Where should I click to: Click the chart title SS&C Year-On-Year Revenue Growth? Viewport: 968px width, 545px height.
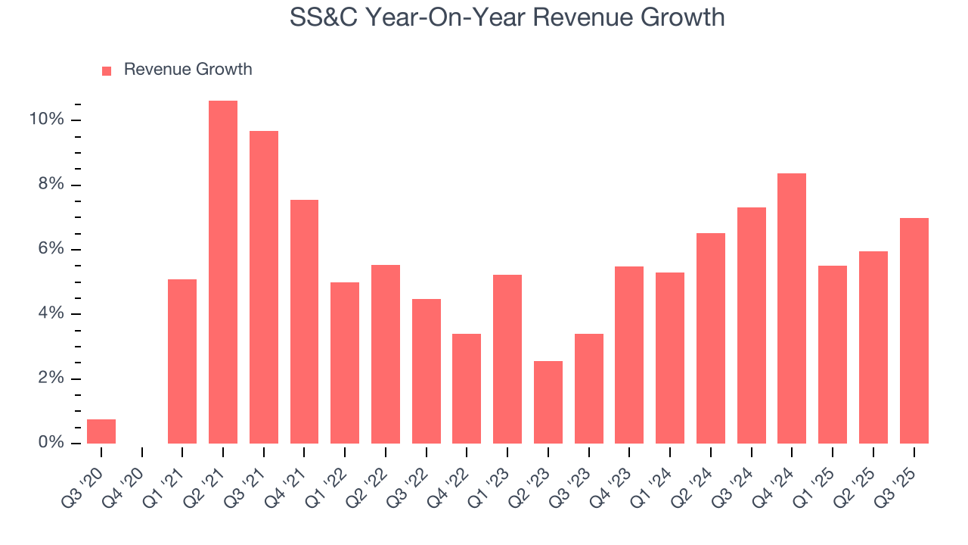(x=507, y=17)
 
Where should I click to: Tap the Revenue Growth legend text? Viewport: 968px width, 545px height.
(x=188, y=70)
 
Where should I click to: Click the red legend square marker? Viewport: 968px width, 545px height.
(x=107, y=70)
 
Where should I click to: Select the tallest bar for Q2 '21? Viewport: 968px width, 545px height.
(x=223, y=272)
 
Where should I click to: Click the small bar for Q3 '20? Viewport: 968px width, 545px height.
(x=101, y=431)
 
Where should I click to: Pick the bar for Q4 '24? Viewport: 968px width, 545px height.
(x=792, y=309)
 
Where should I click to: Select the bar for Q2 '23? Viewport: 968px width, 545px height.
(x=548, y=403)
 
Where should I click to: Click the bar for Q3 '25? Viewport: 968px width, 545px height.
(x=914, y=331)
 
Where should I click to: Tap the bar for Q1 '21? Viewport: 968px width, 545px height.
(x=182, y=362)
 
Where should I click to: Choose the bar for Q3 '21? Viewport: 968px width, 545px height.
(x=264, y=288)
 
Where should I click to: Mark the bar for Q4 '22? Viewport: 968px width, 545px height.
(x=467, y=388)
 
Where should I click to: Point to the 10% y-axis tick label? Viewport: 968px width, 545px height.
(x=45, y=120)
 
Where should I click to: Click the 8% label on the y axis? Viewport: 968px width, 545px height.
(x=49, y=185)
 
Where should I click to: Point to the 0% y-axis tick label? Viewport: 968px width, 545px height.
(x=49, y=444)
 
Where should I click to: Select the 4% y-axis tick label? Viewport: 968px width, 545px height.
(x=49, y=314)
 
